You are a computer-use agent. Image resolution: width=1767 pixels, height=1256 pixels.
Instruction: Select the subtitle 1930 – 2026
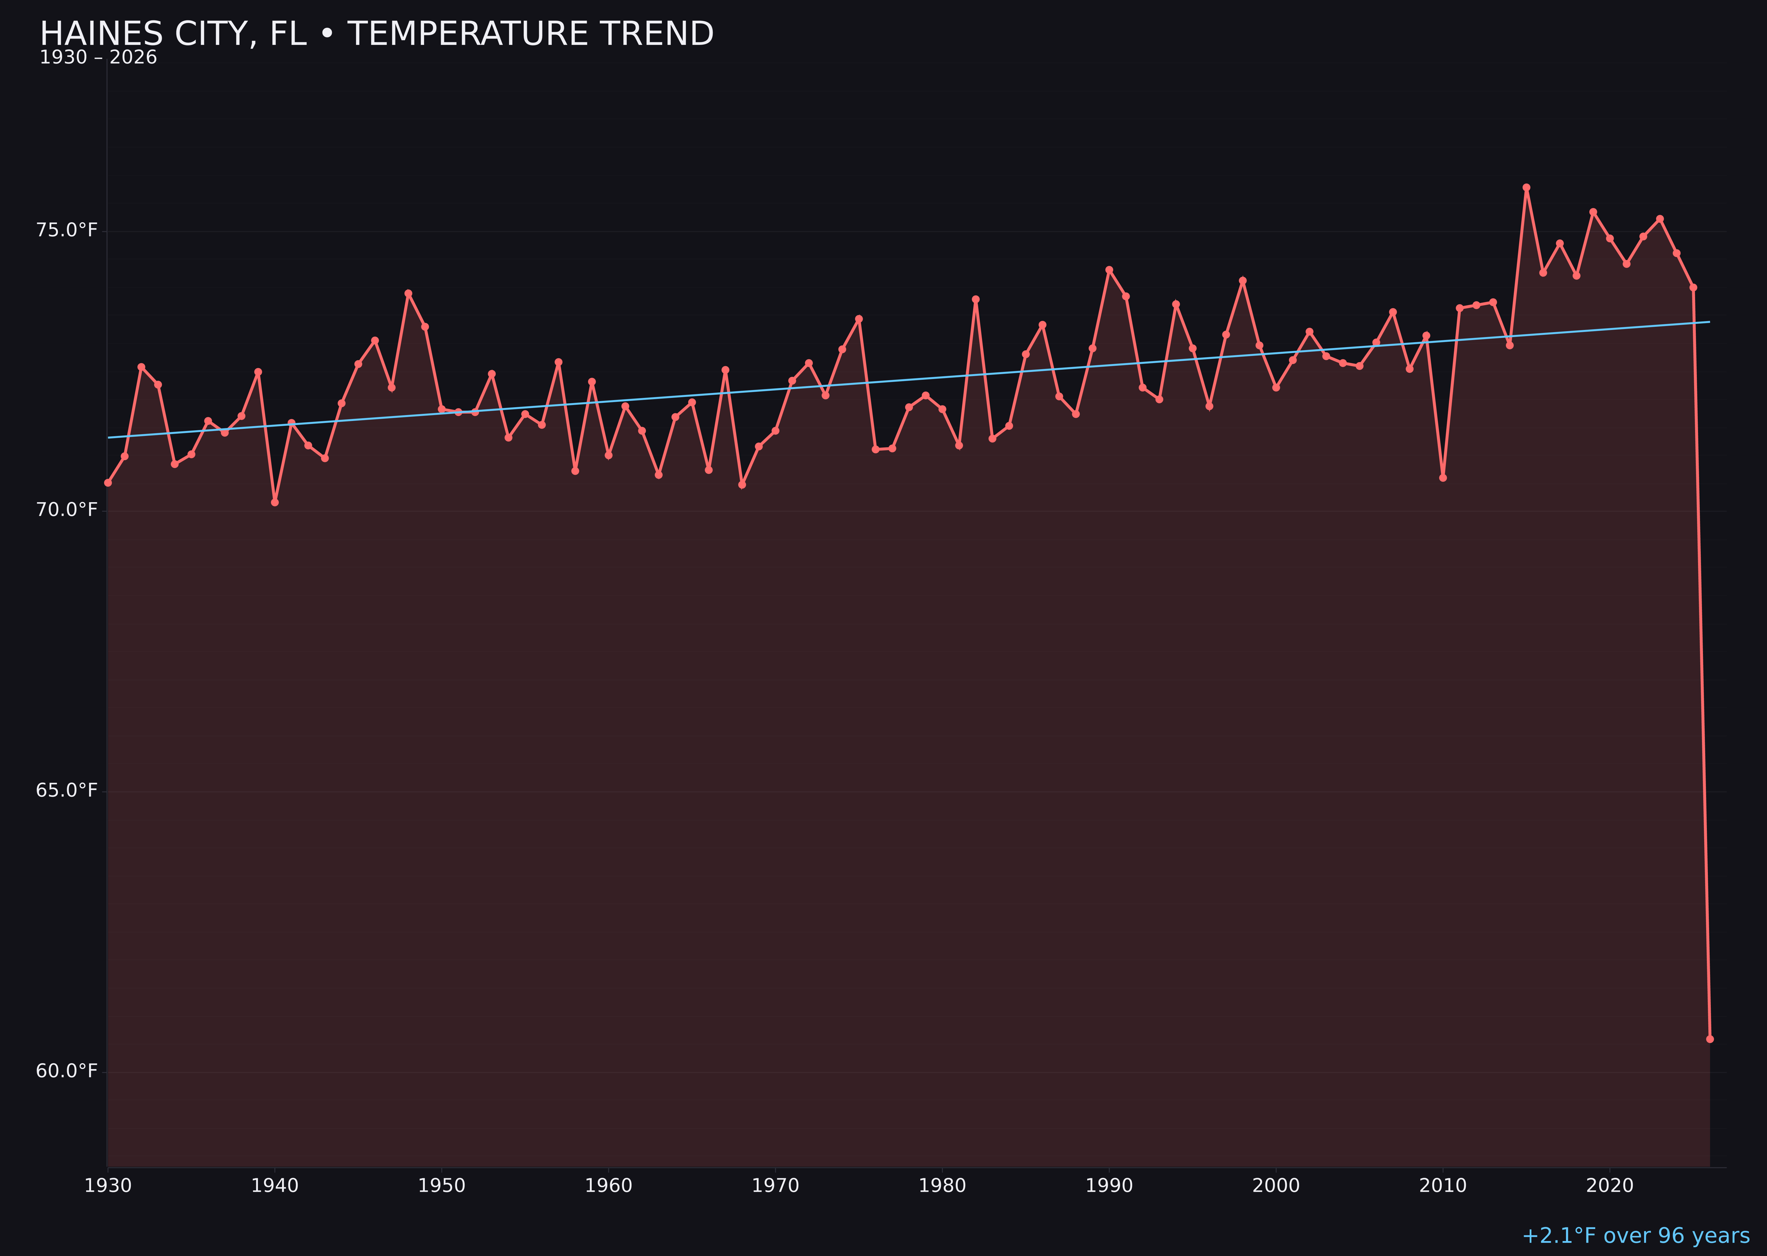pyautogui.click(x=98, y=58)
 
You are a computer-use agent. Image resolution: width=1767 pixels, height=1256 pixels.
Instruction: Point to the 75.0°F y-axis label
pyautogui.click(x=67, y=231)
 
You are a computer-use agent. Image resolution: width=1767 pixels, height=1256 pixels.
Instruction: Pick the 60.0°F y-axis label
pyautogui.click(x=67, y=1071)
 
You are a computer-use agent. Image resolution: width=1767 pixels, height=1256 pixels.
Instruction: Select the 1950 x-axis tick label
pyautogui.click(x=442, y=1186)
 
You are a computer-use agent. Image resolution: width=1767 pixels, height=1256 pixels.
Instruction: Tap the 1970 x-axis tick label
pyautogui.click(x=775, y=1186)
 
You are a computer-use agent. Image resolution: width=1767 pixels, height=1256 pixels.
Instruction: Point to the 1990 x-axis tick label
pyautogui.click(x=1109, y=1186)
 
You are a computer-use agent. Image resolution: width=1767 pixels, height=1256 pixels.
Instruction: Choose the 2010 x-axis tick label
pyautogui.click(x=1443, y=1186)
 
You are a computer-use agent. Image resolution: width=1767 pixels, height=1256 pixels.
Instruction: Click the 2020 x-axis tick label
pyautogui.click(x=1610, y=1186)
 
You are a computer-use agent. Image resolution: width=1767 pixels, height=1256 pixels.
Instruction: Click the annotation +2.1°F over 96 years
pyautogui.click(x=1635, y=1236)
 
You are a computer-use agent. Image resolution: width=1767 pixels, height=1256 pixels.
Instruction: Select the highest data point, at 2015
pyautogui.click(x=1526, y=187)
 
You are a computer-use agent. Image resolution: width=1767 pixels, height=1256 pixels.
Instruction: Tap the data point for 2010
pyautogui.click(x=1443, y=478)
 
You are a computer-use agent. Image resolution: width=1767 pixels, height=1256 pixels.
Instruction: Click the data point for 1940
pyautogui.click(x=275, y=503)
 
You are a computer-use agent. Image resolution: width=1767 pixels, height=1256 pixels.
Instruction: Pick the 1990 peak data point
pyautogui.click(x=1109, y=270)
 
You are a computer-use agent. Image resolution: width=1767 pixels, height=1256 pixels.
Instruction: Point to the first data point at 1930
pyautogui.click(x=107, y=483)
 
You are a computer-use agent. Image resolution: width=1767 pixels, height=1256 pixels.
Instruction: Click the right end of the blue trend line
pyautogui.click(x=1709, y=322)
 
